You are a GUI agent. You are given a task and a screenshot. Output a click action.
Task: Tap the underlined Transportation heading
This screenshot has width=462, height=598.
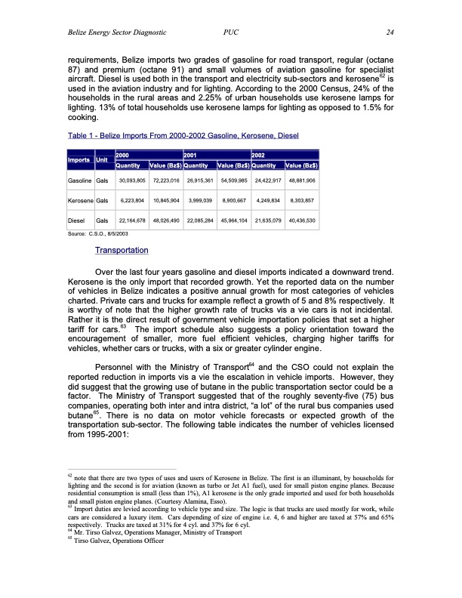tap(122, 250)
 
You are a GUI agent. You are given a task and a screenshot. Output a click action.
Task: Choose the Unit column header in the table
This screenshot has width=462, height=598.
tap(101, 160)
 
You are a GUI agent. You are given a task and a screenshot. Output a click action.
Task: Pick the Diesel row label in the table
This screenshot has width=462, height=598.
tap(70, 221)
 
